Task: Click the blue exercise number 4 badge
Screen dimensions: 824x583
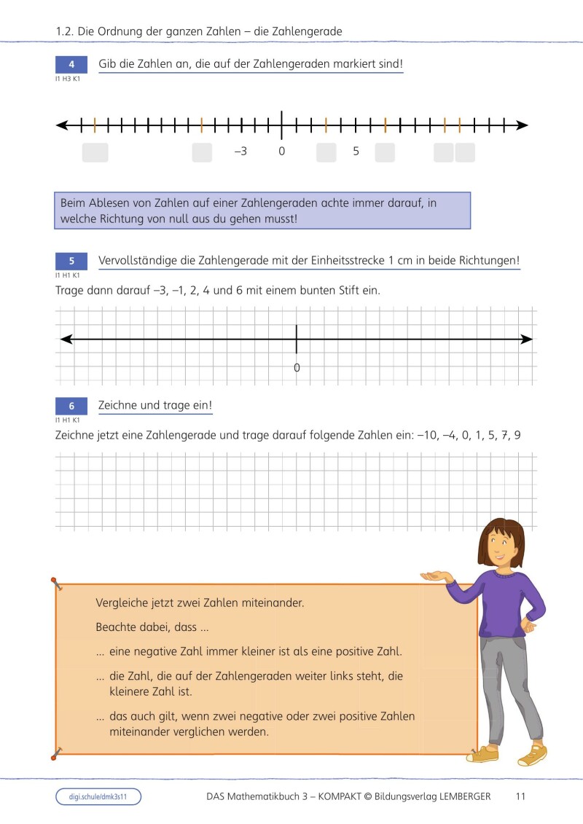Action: pyautogui.click(x=71, y=65)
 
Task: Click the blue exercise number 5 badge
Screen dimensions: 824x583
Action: pyautogui.click(x=71, y=262)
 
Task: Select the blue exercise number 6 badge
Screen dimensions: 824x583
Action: pyautogui.click(x=71, y=406)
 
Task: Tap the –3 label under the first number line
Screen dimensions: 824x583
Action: pyautogui.click(x=240, y=152)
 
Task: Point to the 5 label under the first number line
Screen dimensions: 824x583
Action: pyautogui.click(x=356, y=152)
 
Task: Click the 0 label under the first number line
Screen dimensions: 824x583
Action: pyautogui.click(x=281, y=152)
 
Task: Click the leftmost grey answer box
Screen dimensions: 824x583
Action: pyautogui.click(x=95, y=152)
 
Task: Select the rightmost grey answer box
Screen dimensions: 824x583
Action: pyautogui.click(x=465, y=152)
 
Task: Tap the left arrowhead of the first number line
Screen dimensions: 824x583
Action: pyautogui.click(x=62, y=125)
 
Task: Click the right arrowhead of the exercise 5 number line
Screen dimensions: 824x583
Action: pyautogui.click(x=527, y=340)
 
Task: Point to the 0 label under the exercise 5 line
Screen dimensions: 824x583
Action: pyautogui.click(x=297, y=368)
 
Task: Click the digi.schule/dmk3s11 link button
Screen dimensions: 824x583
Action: pyautogui.click(x=98, y=796)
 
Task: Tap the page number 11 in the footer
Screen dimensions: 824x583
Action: pyautogui.click(x=520, y=796)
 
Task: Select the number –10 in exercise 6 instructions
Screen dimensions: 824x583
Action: pyautogui.click(x=426, y=436)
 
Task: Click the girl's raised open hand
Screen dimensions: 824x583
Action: pyautogui.click(x=434, y=575)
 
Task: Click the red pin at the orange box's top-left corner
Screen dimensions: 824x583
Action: pyautogui.click(x=55, y=581)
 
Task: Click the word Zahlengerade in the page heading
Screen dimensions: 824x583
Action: pyautogui.click(x=308, y=31)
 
